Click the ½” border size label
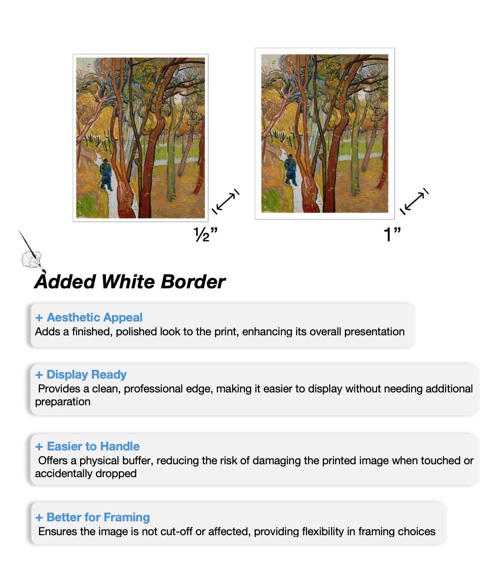point(205,234)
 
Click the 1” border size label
point(392,234)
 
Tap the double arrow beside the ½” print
point(226,202)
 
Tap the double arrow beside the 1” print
point(414,202)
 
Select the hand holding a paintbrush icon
point(31,258)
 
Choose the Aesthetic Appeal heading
point(94,317)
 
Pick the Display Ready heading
point(87,374)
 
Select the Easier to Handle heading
point(93,446)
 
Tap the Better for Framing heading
point(98,517)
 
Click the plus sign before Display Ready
point(39,375)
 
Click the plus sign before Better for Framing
point(39,518)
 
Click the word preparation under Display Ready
point(63,402)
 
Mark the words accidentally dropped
point(86,473)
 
